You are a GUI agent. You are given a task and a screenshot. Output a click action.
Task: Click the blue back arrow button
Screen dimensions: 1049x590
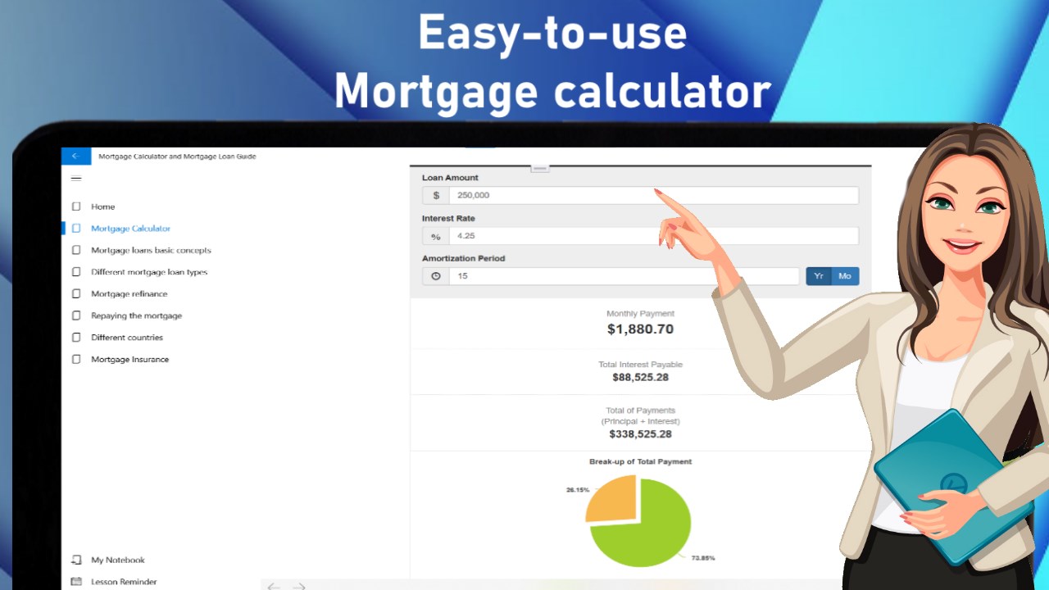(x=76, y=157)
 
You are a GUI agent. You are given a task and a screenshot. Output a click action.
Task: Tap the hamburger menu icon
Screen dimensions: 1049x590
(x=76, y=179)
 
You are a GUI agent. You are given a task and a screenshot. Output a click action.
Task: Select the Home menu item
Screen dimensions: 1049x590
(x=102, y=206)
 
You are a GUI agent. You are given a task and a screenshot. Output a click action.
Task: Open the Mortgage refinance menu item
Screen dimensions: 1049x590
(x=129, y=293)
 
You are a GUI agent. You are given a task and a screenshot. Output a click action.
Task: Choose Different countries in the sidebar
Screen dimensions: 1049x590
(x=127, y=337)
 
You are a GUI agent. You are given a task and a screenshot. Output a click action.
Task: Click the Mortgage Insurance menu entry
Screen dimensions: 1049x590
(x=129, y=359)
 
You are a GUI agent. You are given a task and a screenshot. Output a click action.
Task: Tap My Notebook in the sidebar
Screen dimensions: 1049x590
(x=117, y=560)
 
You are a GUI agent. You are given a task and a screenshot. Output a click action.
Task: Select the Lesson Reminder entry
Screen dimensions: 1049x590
(x=124, y=582)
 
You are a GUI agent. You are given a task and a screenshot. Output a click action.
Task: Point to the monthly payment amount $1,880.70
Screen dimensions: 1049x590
(x=640, y=329)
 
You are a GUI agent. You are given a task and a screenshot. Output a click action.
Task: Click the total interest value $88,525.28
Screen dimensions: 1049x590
(x=640, y=378)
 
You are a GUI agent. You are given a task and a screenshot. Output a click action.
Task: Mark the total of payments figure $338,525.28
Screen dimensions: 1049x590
(x=640, y=434)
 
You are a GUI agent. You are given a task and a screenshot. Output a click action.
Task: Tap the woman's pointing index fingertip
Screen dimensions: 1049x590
(x=656, y=191)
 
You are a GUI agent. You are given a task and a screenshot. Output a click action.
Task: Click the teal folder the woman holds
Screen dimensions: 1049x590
(x=953, y=487)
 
